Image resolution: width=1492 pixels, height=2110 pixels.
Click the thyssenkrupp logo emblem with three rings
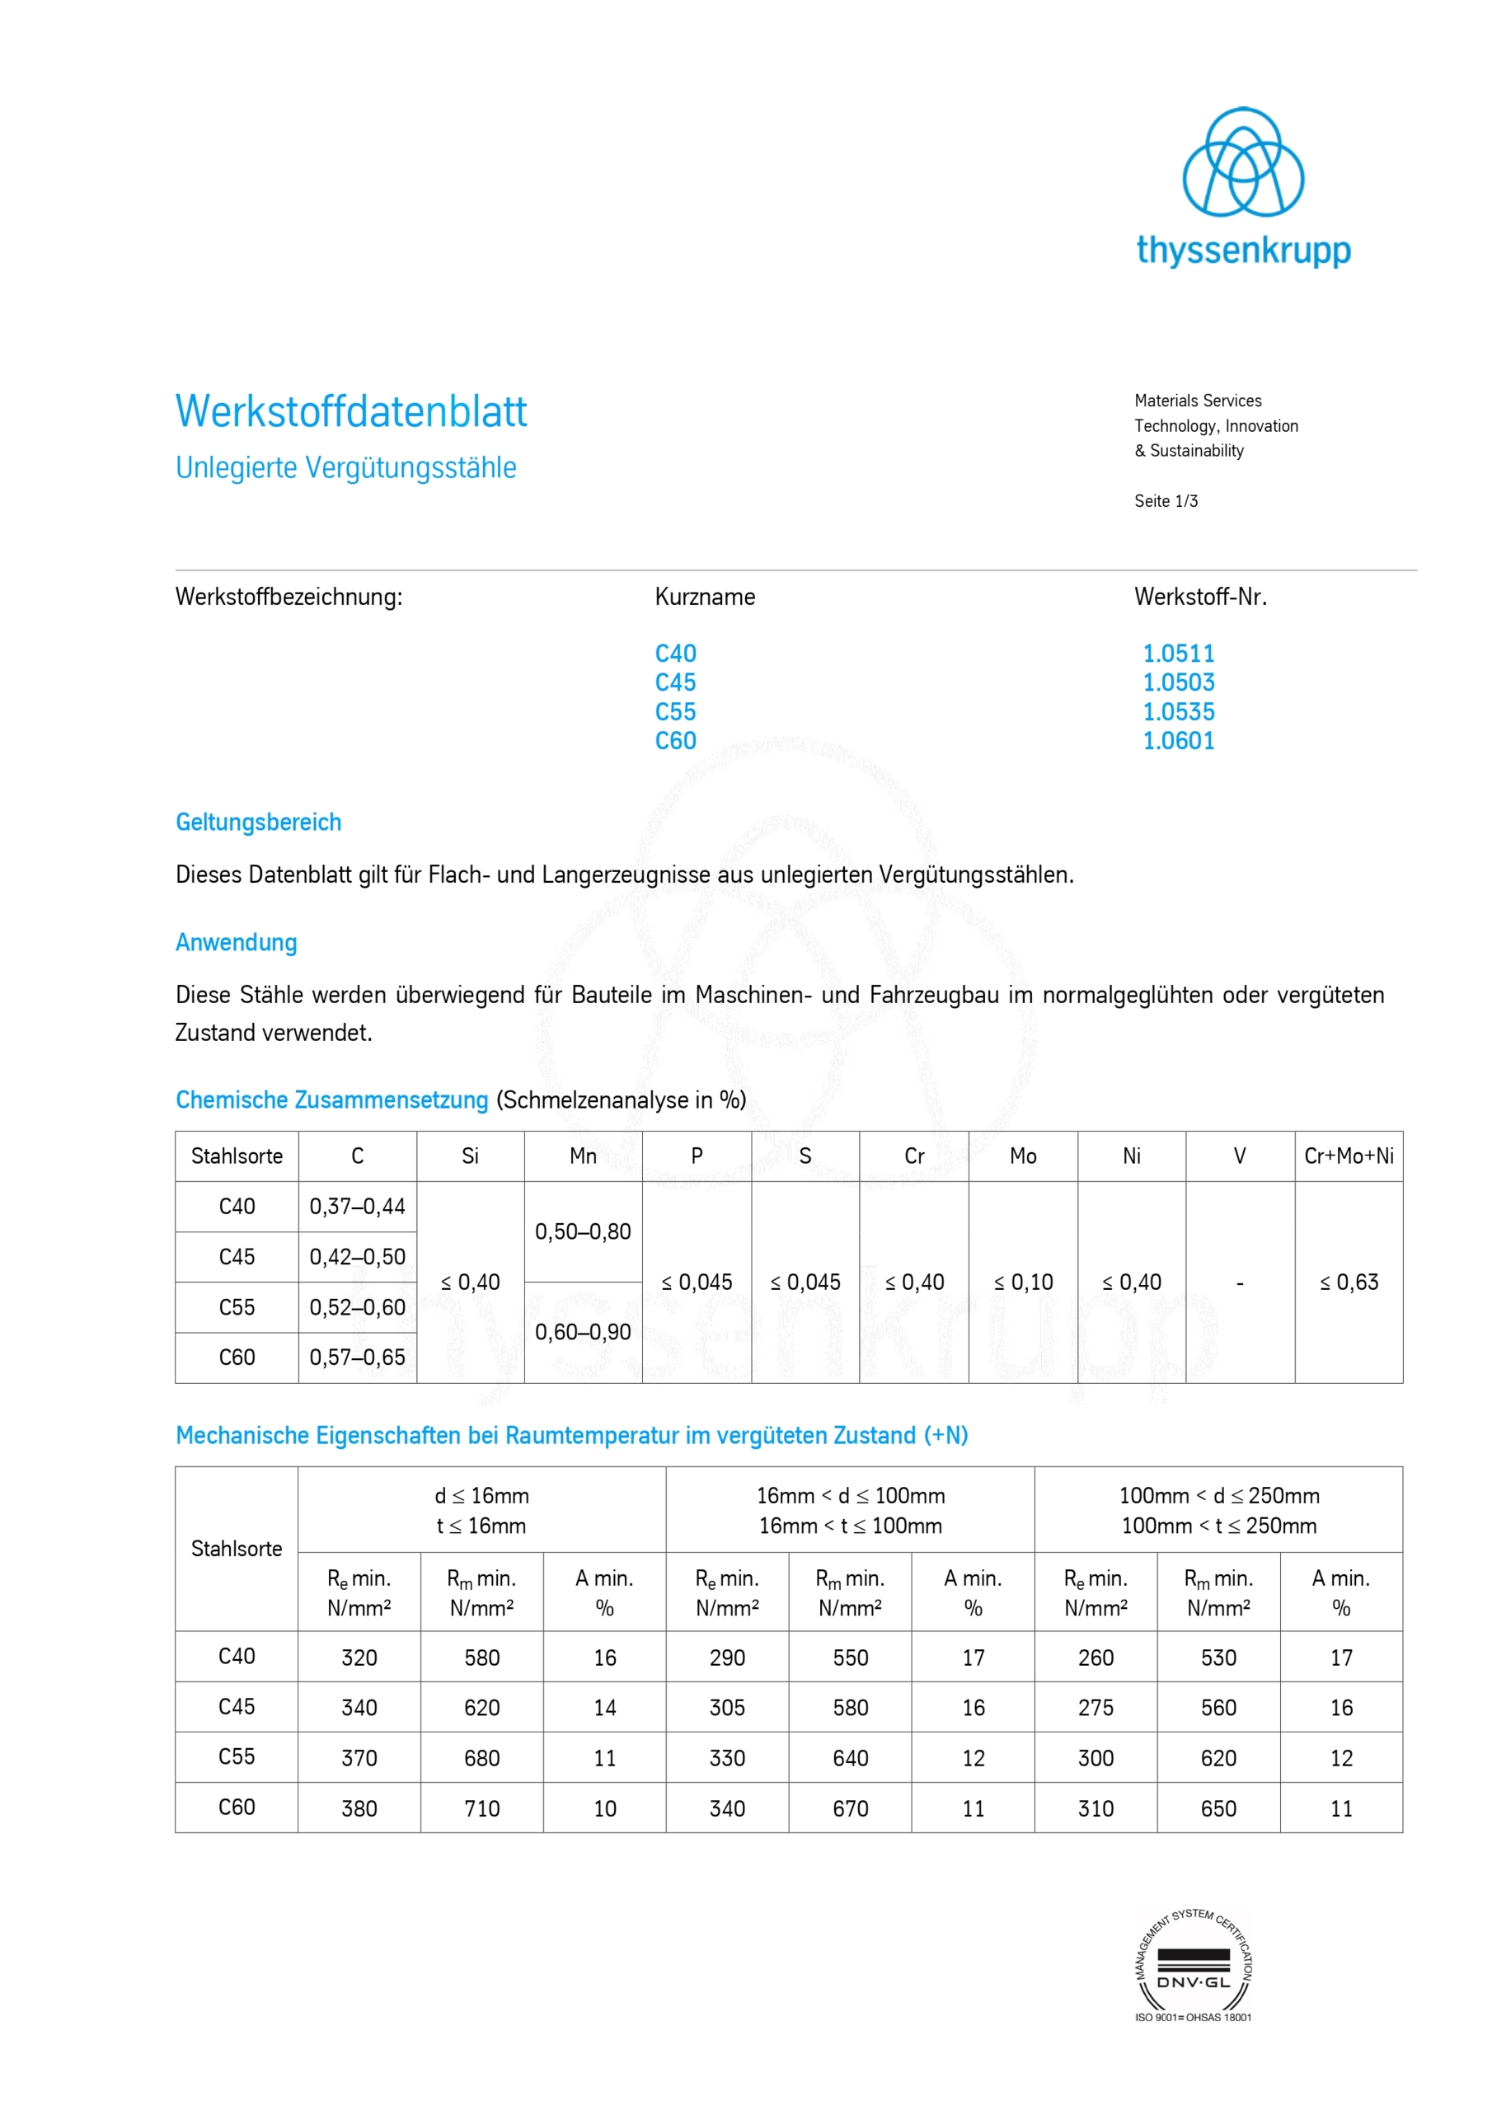pyautogui.click(x=1242, y=162)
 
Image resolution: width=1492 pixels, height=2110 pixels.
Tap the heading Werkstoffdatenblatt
pyautogui.click(x=351, y=412)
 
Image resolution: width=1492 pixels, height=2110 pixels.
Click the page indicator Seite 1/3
pyautogui.click(x=1165, y=501)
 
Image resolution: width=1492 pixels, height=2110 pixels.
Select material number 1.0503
pyautogui.click(x=1178, y=682)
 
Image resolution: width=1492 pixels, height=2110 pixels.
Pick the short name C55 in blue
pyautogui.click(x=675, y=712)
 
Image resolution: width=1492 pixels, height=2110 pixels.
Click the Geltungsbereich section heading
pyautogui.click(x=258, y=823)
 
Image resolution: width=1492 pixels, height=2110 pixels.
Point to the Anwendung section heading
pyautogui.click(x=237, y=943)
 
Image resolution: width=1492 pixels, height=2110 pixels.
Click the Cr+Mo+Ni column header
pyautogui.click(x=1348, y=1156)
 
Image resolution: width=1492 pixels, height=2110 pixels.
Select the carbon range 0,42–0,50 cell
pyautogui.click(x=357, y=1257)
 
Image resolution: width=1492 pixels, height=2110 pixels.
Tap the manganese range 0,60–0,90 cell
pyautogui.click(x=583, y=1332)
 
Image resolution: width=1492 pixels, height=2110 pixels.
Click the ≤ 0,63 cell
pyautogui.click(x=1349, y=1282)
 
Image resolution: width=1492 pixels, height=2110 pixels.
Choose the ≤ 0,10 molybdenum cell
pyautogui.click(x=1022, y=1282)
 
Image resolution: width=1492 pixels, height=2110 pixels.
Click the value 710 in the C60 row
pyautogui.click(x=481, y=1808)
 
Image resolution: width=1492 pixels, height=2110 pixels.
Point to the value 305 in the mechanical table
pyautogui.click(x=727, y=1708)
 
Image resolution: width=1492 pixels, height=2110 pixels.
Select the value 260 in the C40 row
pyautogui.click(x=1096, y=1658)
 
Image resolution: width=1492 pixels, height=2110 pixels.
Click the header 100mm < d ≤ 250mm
pyautogui.click(x=1218, y=1495)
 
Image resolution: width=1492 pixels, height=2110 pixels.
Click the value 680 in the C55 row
pyautogui.click(x=481, y=1758)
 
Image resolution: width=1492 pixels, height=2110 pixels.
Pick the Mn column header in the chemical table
pyautogui.click(x=583, y=1156)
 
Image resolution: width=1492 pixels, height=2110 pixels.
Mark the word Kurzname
pyautogui.click(x=704, y=598)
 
